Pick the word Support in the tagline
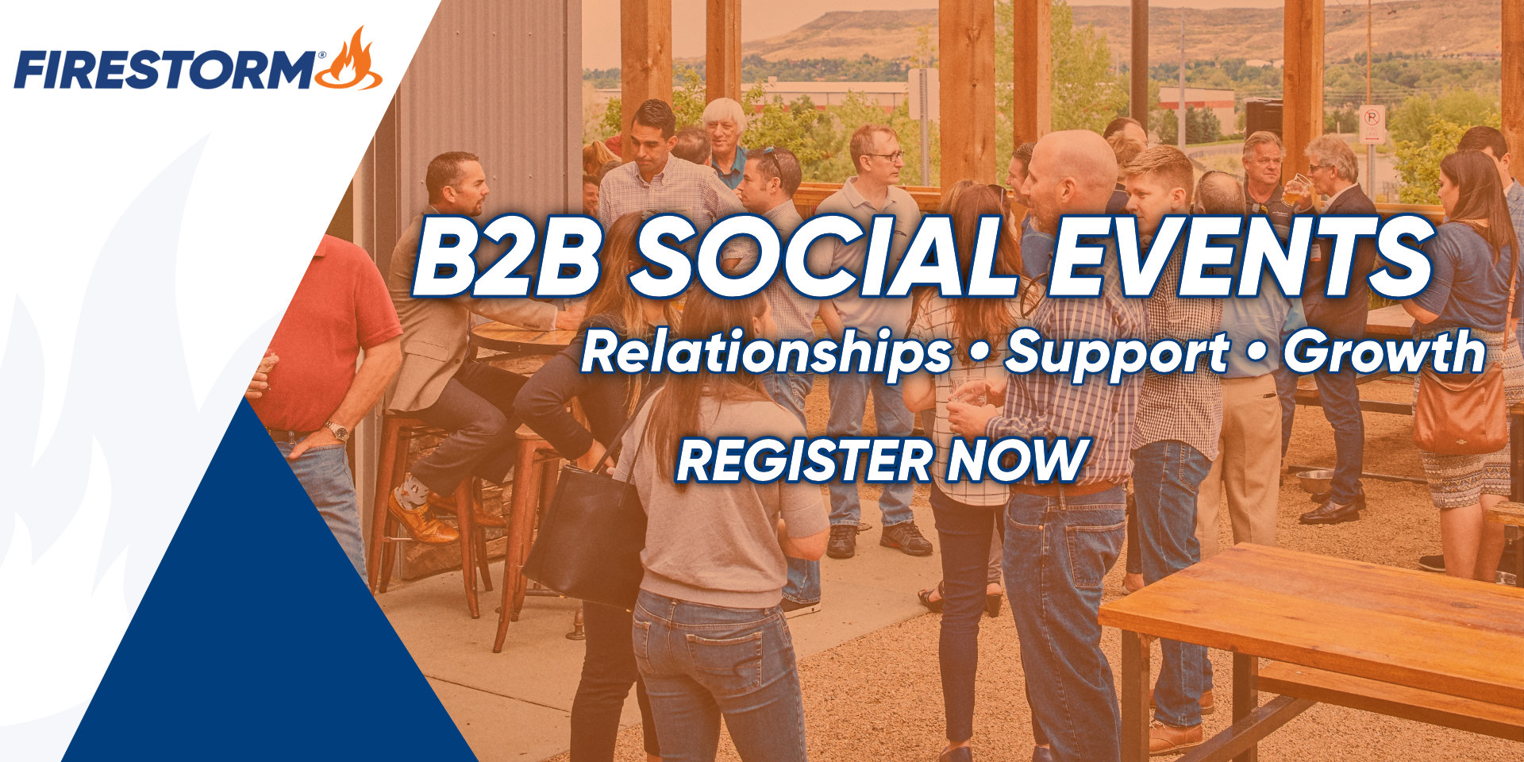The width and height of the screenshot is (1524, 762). [x=1118, y=353]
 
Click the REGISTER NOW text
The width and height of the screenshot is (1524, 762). [x=882, y=460]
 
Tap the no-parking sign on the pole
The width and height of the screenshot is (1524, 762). [x=1372, y=125]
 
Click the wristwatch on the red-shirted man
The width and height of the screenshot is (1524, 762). [x=338, y=430]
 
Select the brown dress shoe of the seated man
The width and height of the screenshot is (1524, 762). [x=421, y=520]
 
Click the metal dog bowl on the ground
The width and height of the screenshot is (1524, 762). [x=1314, y=481]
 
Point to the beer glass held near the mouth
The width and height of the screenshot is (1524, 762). [x=1296, y=190]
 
